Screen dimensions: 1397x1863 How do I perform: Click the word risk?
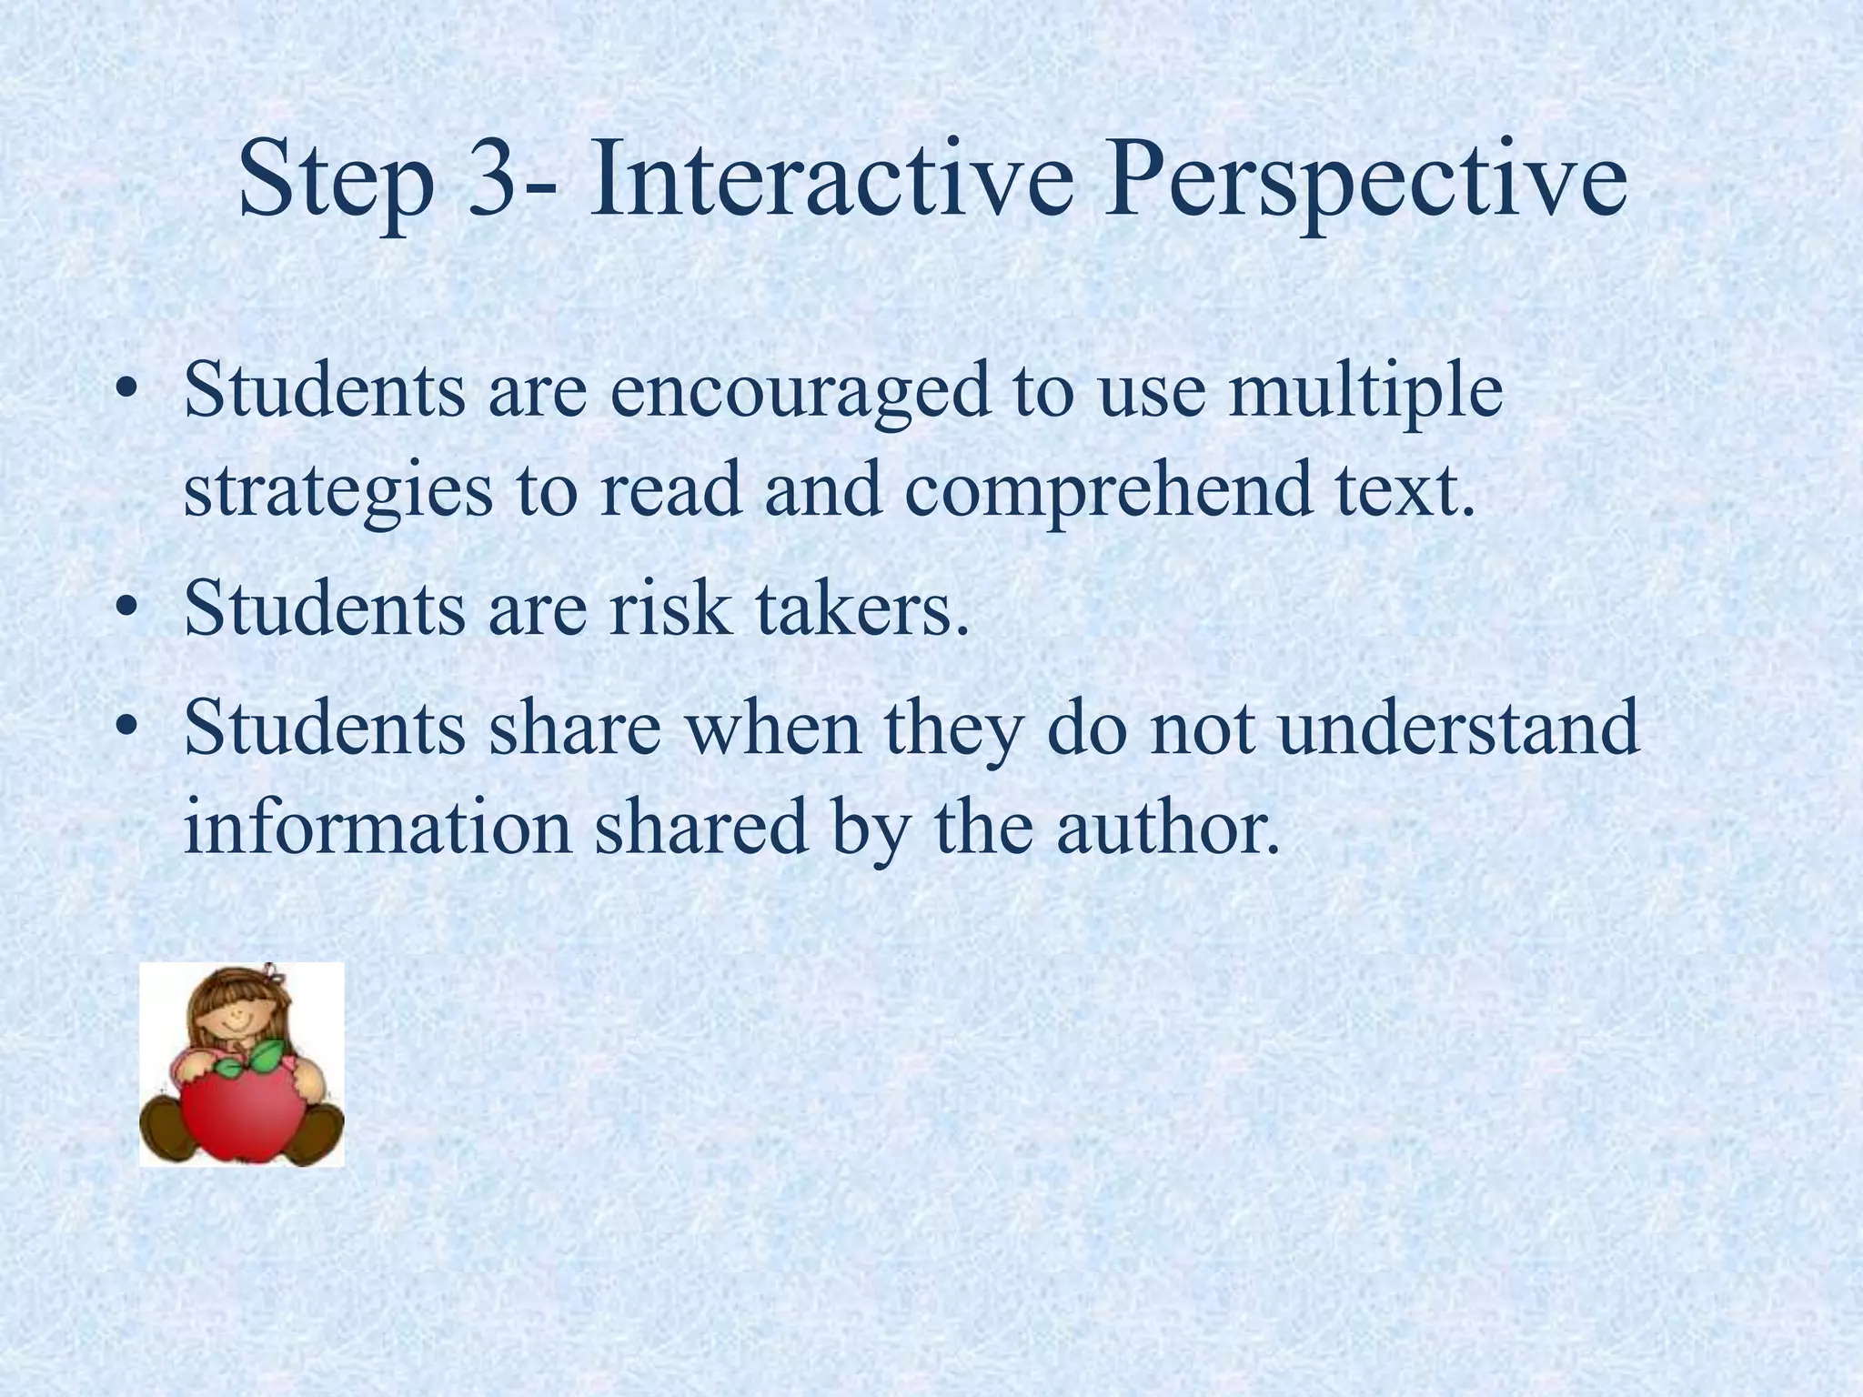670,608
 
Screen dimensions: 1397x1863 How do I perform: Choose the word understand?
1459,727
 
